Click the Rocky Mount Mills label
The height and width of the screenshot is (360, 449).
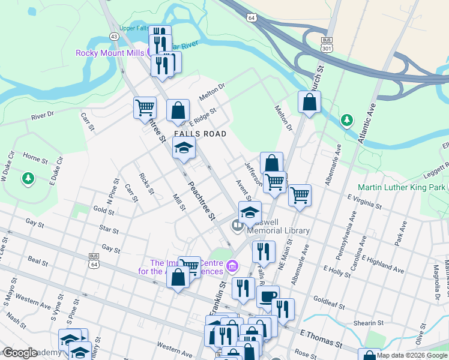tap(109, 53)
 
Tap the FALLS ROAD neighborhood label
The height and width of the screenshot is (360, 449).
tap(200, 134)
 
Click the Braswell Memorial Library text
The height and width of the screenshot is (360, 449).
tap(276, 226)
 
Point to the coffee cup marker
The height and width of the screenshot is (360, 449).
tap(268, 296)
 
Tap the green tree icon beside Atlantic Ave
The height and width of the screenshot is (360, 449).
tap(346, 121)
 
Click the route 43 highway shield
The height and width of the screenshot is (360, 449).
tap(113, 36)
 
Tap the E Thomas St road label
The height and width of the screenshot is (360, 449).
tap(321, 340)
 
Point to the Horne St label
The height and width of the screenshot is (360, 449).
tap(35, 158)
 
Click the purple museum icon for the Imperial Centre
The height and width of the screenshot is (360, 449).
tap(232, 265)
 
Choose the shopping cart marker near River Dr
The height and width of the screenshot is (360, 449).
tap(145, 108)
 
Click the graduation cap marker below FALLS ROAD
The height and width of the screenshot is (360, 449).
tap(184, 148)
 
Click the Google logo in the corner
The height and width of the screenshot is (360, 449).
tap(20, 353)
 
